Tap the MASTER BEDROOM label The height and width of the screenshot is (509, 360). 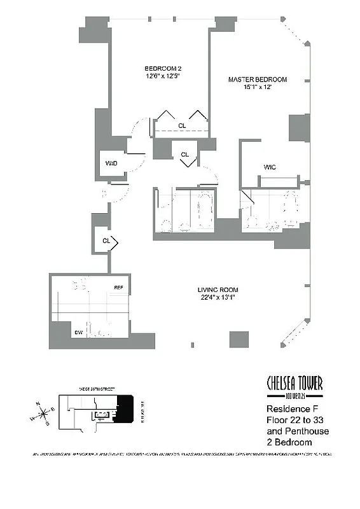tap(258, 80)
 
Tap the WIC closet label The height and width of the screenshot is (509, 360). tap(270, 167)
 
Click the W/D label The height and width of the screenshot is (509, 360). tap(111, 164)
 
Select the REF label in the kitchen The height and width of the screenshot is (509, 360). tap(118, 288)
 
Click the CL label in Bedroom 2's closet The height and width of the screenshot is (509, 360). tap(182, 126)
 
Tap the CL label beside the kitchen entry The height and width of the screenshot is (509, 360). tap(107, 241)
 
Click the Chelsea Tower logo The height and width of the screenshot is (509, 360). tap(294, 385)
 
